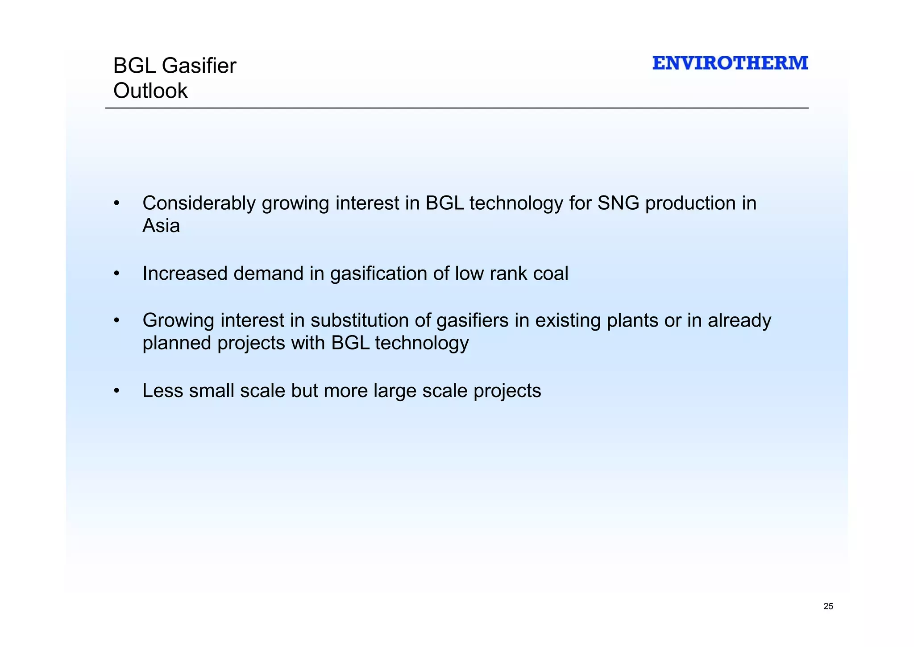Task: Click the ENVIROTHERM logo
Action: [730, 63]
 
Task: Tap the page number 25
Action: [828, 606]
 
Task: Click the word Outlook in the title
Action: [150, 91]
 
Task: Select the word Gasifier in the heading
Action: [199, 66]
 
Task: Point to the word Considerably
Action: [199, 203]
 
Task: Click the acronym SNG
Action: [618, 203]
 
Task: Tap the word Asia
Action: [161, 226]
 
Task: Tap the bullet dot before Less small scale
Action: [116, 391]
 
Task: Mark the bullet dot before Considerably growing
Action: [116, 204]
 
